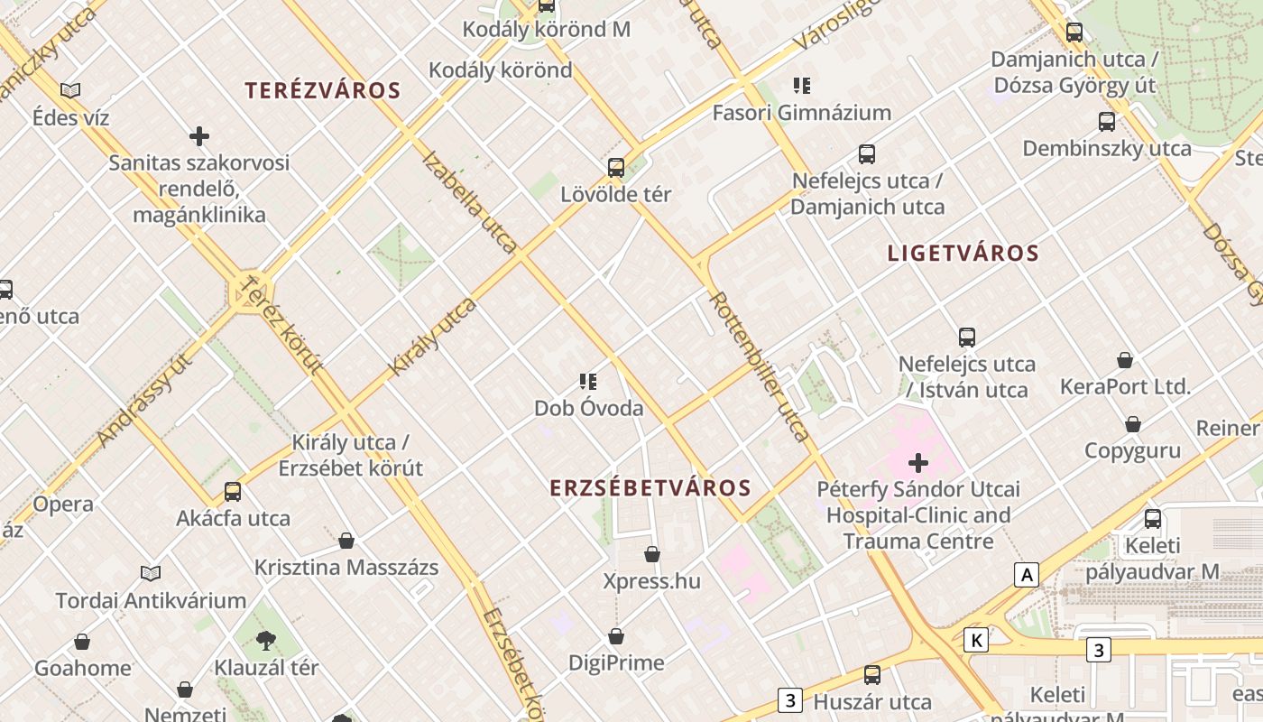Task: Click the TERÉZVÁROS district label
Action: pos(323,90)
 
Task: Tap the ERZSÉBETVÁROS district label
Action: pos(650,488)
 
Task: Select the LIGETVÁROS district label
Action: pos(963,254)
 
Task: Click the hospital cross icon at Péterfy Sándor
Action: pos(918,464)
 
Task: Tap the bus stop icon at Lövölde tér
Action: pos(616,167)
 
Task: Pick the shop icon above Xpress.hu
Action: pos(652,554)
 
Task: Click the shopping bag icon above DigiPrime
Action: pos(616,636)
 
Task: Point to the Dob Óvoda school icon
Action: pos(588,382)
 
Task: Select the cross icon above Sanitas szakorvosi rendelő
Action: pos(199,136)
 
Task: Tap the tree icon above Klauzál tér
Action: pos(266,641)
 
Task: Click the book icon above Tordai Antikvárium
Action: pos(151,573)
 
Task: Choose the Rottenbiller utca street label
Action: pos(760,366)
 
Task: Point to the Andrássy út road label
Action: pos(144,400)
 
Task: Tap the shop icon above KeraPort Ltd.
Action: pos(1125,361)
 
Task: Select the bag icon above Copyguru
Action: pos(1132,424)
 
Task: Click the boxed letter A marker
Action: pos(1026,574)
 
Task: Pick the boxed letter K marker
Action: pos(975,641)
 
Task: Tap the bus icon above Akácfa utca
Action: pos(233,492)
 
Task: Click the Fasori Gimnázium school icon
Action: pos(801,86)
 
